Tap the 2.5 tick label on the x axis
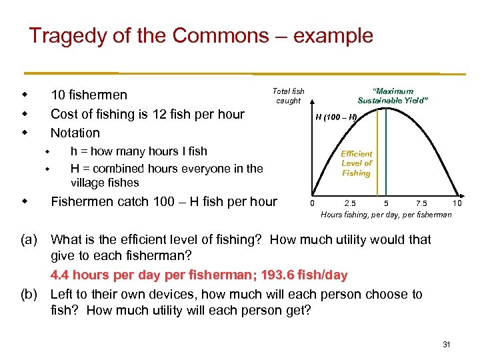349,203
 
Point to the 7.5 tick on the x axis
421,203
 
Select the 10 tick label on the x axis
457,203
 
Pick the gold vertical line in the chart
385,153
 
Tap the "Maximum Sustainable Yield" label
393,95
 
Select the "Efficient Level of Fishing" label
357,163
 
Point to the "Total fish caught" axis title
289,95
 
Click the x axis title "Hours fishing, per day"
386,215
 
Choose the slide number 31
447,344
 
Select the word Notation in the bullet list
75,133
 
